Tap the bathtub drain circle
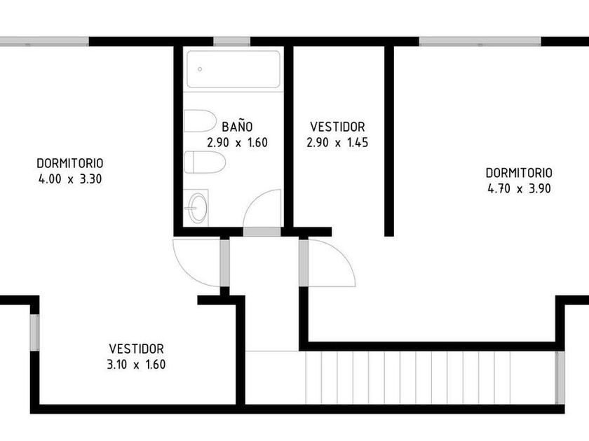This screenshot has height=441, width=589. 200,69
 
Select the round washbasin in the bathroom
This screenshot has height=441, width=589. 198,208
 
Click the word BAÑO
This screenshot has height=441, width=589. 237,127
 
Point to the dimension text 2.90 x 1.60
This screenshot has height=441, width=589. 237,143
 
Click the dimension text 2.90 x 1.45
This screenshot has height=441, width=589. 337,143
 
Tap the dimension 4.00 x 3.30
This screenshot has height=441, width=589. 70,179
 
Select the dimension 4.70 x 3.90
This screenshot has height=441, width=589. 519,188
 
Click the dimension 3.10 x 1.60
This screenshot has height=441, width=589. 136,365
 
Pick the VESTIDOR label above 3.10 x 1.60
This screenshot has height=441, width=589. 136,349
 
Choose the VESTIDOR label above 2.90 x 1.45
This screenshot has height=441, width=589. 337,127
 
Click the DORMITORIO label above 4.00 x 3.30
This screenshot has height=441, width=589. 70,163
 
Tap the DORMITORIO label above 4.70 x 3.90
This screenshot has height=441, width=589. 519,172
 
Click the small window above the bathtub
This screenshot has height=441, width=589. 232,41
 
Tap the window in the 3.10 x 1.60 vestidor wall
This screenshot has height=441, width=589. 34,332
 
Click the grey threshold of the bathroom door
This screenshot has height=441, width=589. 262,232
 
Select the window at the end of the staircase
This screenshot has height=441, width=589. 560,377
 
